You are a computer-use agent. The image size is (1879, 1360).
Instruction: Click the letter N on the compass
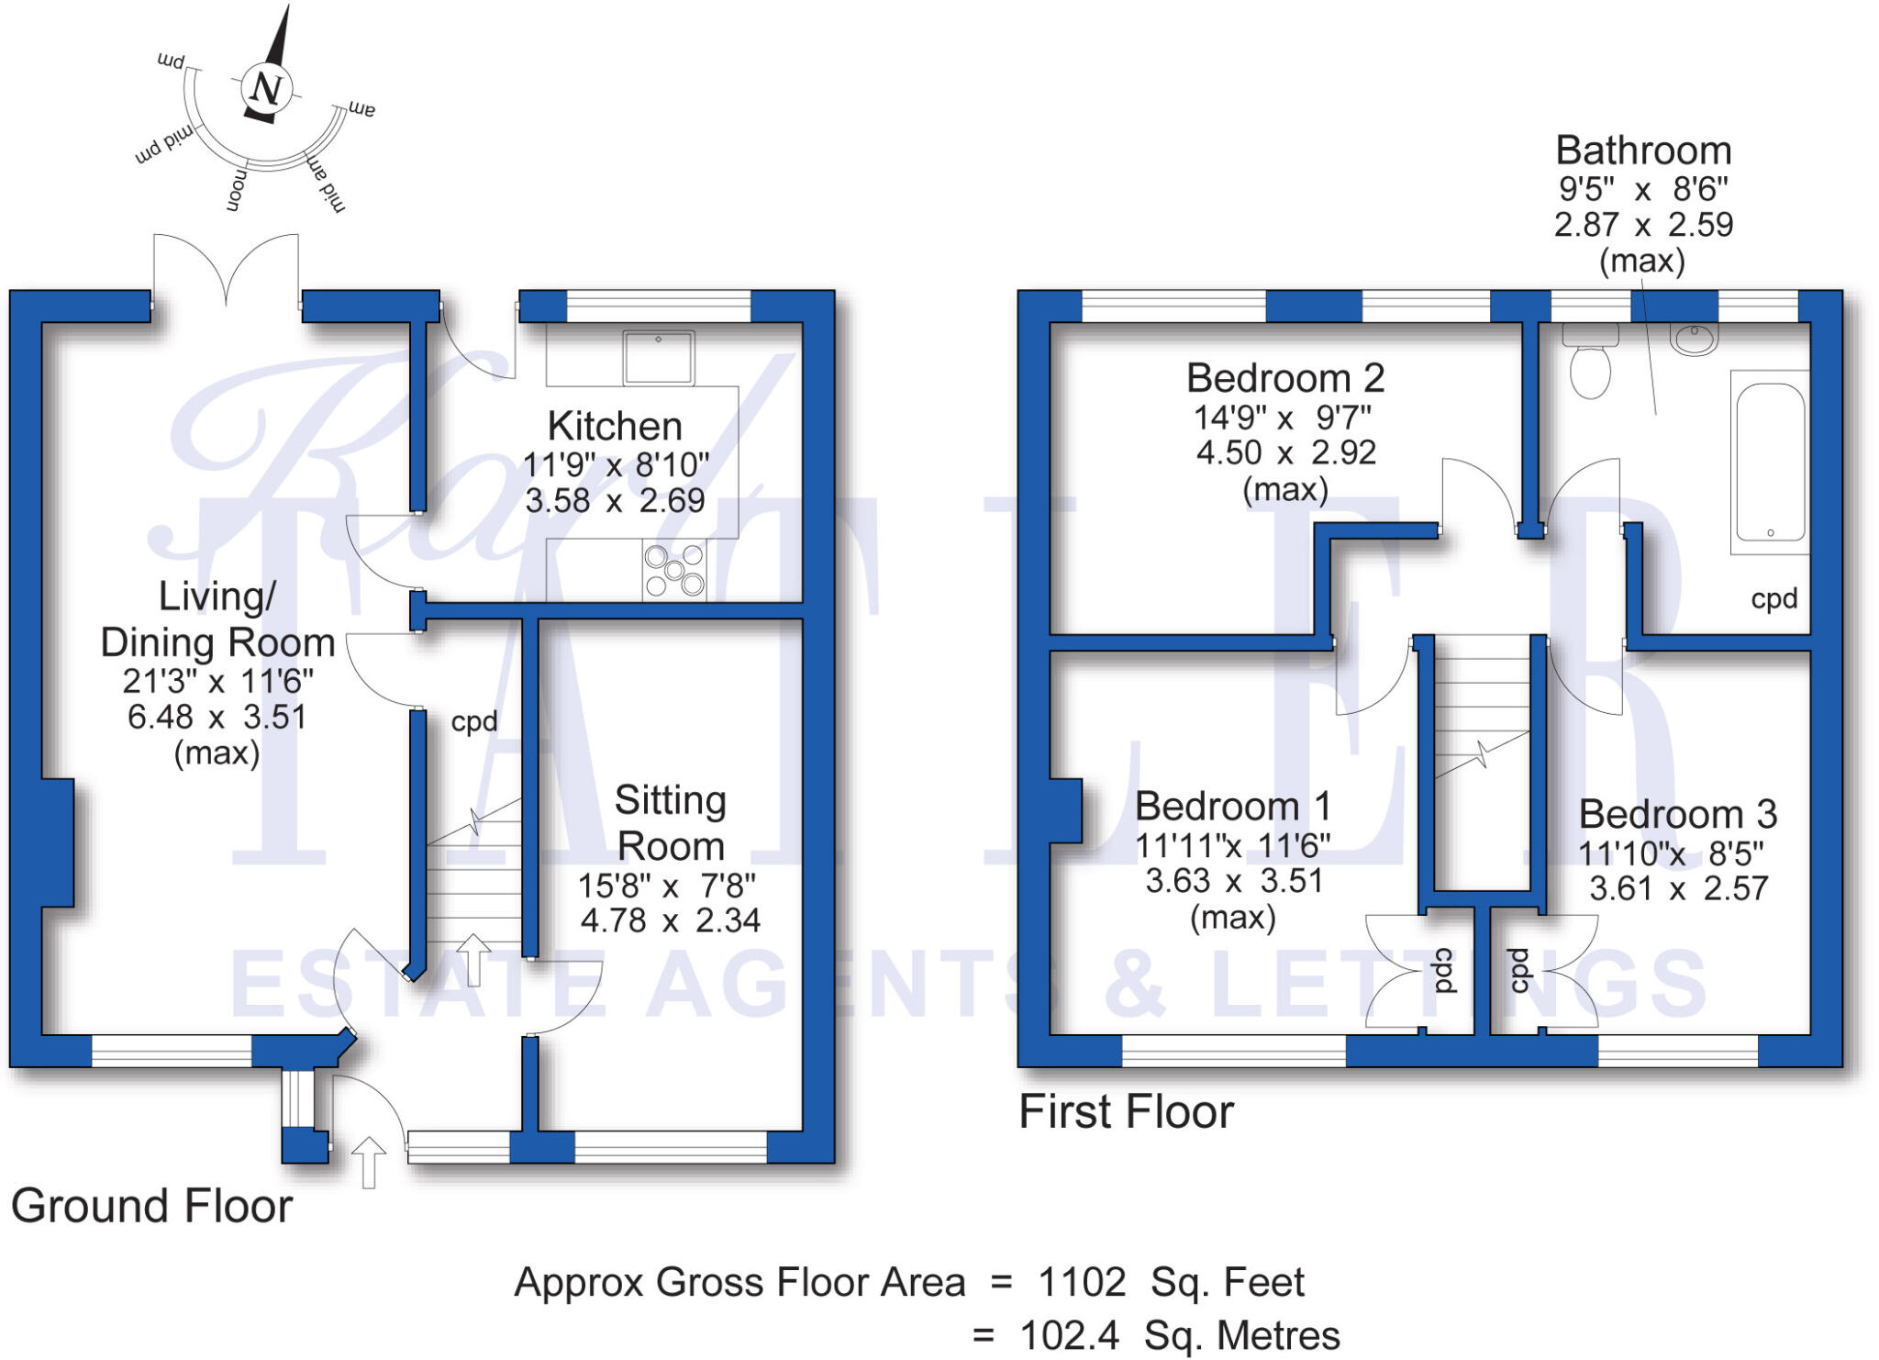click(267, 89)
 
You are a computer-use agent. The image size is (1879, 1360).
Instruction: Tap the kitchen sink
click(659, 357)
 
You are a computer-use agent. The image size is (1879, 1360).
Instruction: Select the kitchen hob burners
click(674, 570)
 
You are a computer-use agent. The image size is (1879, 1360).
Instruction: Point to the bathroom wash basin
click(1694, 339)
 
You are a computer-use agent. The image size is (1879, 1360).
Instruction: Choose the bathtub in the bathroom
click(1770, 463)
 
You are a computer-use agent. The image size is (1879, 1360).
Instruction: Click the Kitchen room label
click(615, 427)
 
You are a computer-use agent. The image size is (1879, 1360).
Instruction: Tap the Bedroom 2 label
click(1284, 378)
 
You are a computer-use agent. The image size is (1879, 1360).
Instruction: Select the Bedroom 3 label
click(1678, 815)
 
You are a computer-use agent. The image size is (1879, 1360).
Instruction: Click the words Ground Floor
click(151, 1206)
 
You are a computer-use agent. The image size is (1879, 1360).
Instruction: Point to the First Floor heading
click(1126, 1112)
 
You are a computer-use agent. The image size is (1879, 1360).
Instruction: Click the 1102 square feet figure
click(1081, 1282)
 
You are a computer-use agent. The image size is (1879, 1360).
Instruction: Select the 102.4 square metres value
click(1069, 1336)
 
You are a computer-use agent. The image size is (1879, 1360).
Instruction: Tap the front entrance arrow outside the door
click(368, 1162)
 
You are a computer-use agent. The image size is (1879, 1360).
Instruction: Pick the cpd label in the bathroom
click(1773, 600)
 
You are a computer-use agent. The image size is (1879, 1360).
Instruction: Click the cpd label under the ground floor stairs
click(474, 722)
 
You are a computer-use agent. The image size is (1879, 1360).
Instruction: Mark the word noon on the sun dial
click(237, 190)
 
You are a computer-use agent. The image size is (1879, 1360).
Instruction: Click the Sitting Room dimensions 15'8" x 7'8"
click(667, 886)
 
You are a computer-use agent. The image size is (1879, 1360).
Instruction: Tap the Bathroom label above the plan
click(1643, 150)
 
